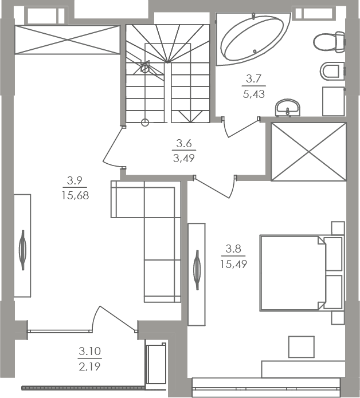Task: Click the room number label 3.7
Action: pos(253,78)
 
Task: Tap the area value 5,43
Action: pos(253,94)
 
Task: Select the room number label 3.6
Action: pos(183,143)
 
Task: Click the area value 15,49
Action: pos(233,263)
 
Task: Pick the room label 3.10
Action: pos(90,351)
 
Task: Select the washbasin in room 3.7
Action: pos(287,107)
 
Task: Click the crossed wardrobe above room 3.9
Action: pos(66,40)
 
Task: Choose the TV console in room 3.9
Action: pos(22,246)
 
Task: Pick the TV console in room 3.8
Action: pos(197,274)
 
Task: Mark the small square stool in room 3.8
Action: pos(300,347)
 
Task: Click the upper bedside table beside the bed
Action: pos(333,254)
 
